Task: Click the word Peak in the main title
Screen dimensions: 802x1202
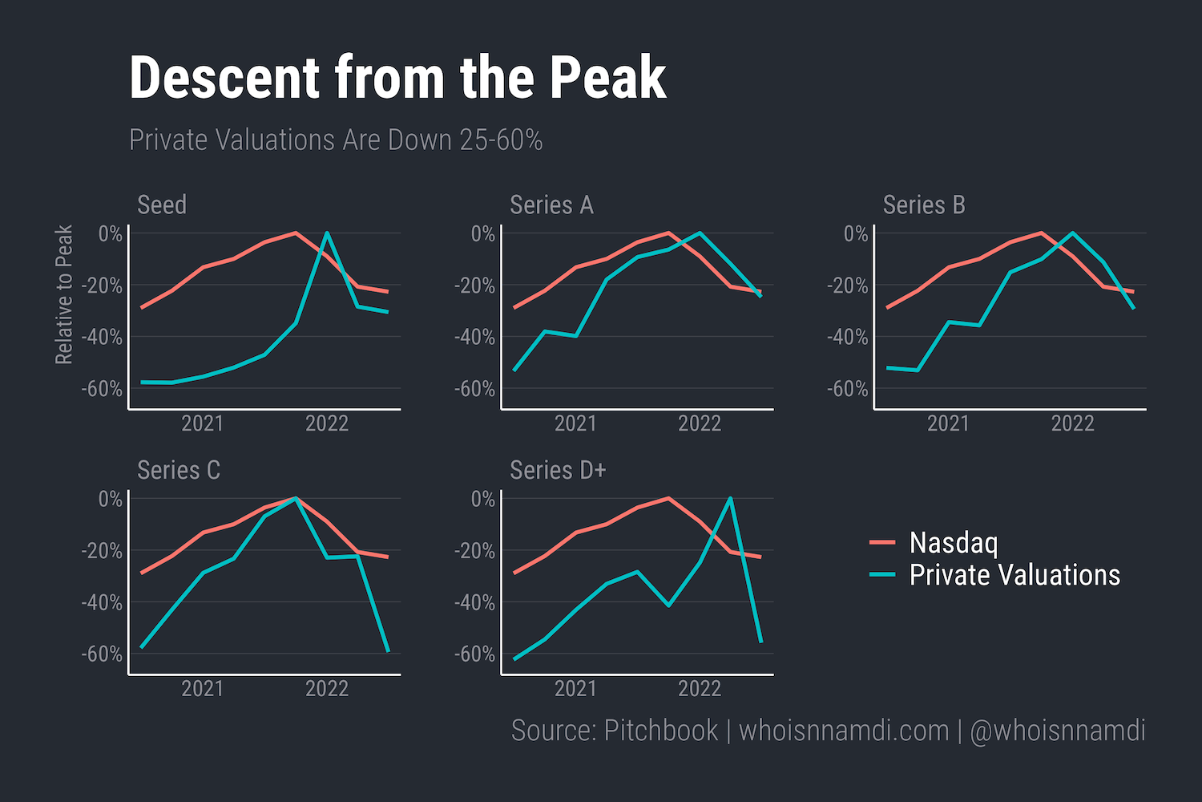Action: pyautogui.click(x=607, y=78)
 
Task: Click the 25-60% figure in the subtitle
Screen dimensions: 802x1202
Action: pyautogui.click(x=501, y=140)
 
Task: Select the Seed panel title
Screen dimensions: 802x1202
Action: pyautogui.click(x=162, y=205)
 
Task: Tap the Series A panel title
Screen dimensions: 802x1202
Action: pyautogui.click(x=551, y=205)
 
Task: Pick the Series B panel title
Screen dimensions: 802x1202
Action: pyautogui.click(x=924, y=205)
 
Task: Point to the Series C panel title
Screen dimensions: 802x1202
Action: pyautogui.click(x=178, y=470)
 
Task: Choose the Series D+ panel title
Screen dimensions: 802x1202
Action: pyautogui.click(x=558, y=470)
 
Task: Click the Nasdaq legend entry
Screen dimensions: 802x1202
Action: pyautogui.click(x=953, y=543)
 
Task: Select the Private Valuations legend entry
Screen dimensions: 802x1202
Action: pyautogui.click(x=1014, y=575)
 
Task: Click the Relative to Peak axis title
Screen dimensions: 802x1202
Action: pyautogui.click(x=64, y=294)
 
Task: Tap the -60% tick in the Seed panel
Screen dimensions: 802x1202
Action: pyautogui.click(x=102, y=389)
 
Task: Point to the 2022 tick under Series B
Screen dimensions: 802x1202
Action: pyautogui.click(x=1072, y=423)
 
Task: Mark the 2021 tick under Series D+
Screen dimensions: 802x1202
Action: pyautogui.click(x=575, y=689)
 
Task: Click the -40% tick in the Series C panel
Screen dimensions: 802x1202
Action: pyautogui.click(x=102, y=602)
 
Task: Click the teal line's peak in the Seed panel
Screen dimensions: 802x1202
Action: pyautogui.click(x=327, y=233)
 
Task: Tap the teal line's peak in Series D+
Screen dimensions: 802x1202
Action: pyautogui.click(x=730, y=498)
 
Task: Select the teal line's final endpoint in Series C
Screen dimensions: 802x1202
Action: pyautogui.click(x=388, y=651)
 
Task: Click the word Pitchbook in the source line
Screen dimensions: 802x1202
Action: pyautogui.click(x=660, y=731)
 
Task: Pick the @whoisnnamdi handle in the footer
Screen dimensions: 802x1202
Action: pyautogui.click(x=1057, y=731)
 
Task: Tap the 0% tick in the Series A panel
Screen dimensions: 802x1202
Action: pyautogui.click(x=483, y=234)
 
